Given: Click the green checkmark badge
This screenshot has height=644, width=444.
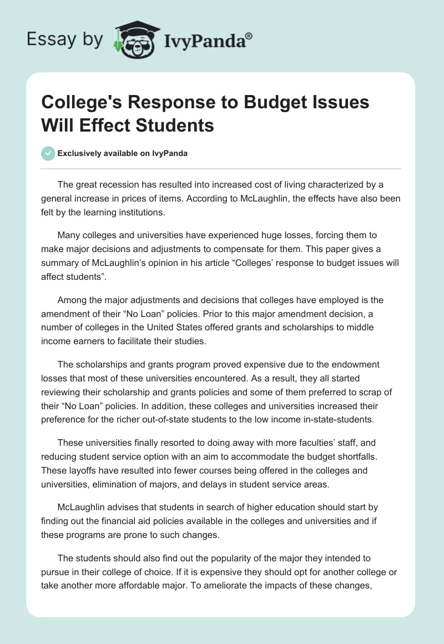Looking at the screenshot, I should click(x=48, y=153).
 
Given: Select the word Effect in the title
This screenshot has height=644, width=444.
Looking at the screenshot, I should click(x=97, y=125).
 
